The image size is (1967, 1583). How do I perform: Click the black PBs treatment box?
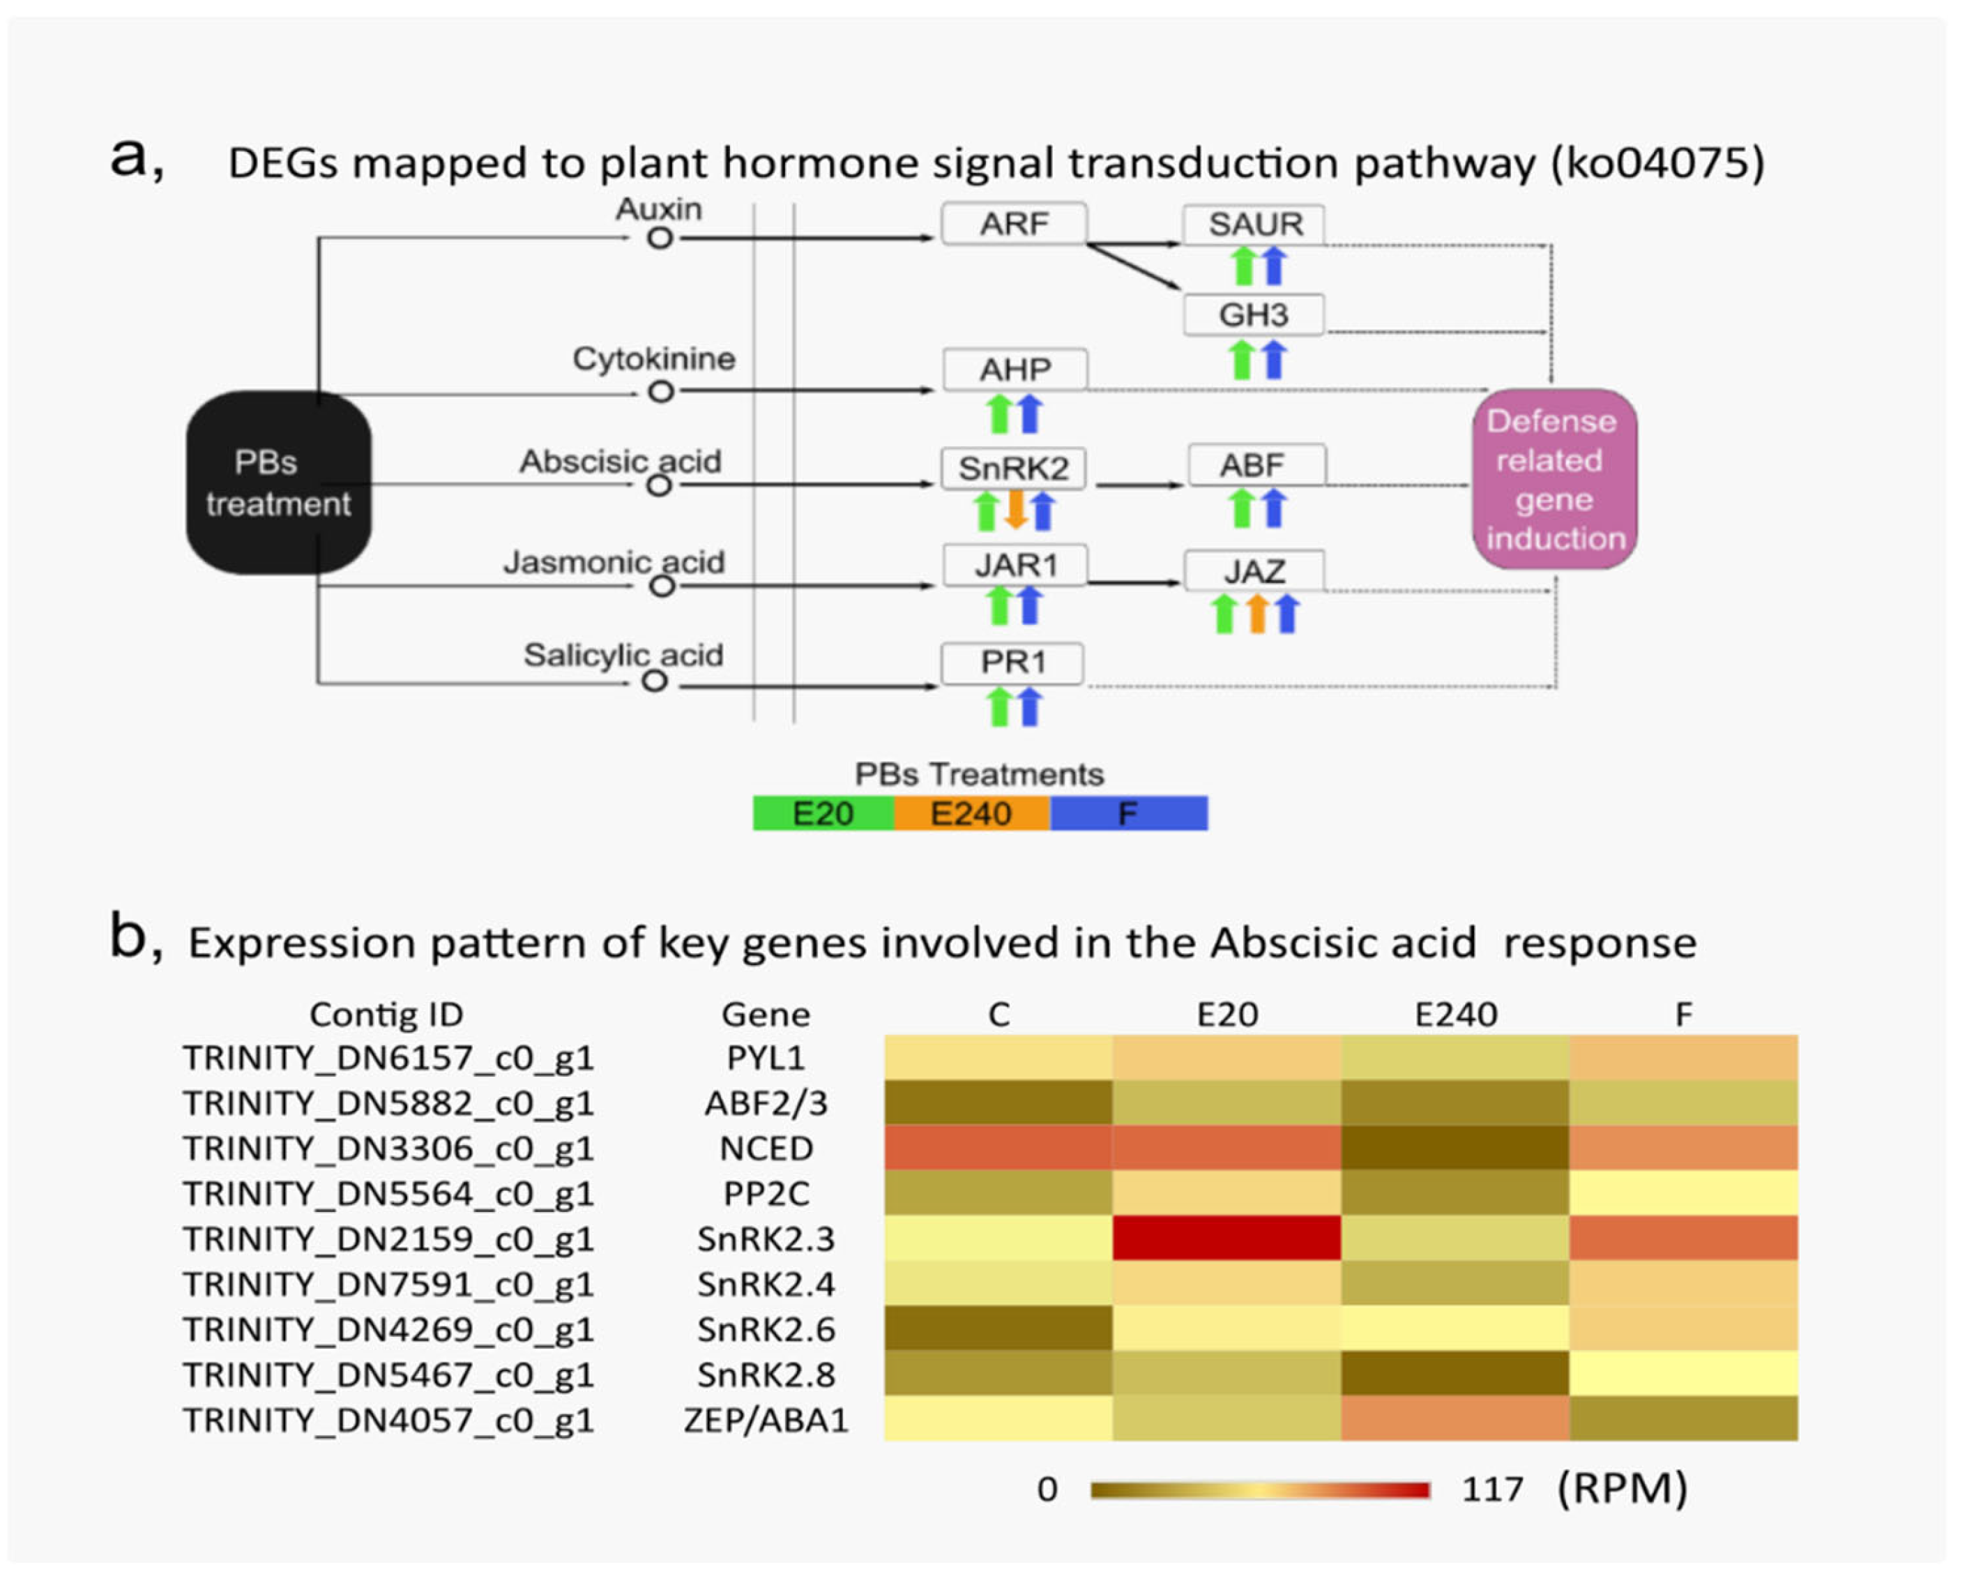coord(278,483)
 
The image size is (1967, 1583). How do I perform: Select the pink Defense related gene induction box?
coord(1554,479)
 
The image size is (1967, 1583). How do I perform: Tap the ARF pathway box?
coord(1014,225)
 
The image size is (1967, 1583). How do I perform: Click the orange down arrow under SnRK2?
coord(1015,510)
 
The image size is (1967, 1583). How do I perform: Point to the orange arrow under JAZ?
coord(1256,614)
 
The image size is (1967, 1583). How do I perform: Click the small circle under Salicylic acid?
coord(654,681)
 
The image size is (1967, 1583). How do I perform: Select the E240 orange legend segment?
coord(971,813)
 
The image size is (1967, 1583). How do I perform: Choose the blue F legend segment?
coord(1129,813)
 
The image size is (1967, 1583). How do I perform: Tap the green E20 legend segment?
coord(823,813)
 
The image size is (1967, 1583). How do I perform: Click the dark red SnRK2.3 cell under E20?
coord(1226,1237)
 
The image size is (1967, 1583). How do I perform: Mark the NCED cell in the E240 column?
coord(1455,1147)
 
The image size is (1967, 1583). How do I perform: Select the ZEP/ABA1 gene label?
coord(766,1420)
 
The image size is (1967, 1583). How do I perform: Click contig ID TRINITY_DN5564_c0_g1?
coord(388,1193)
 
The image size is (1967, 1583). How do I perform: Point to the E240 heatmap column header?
coord(1455,1015)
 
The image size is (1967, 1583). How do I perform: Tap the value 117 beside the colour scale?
coord(1493,1489)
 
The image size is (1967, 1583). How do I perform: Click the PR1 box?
coord(1012,663)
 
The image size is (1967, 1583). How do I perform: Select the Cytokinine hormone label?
coord(653,359)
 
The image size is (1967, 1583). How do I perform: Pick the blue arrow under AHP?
coord(1029,414)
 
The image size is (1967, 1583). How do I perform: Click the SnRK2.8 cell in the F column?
coord(1683,1373)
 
